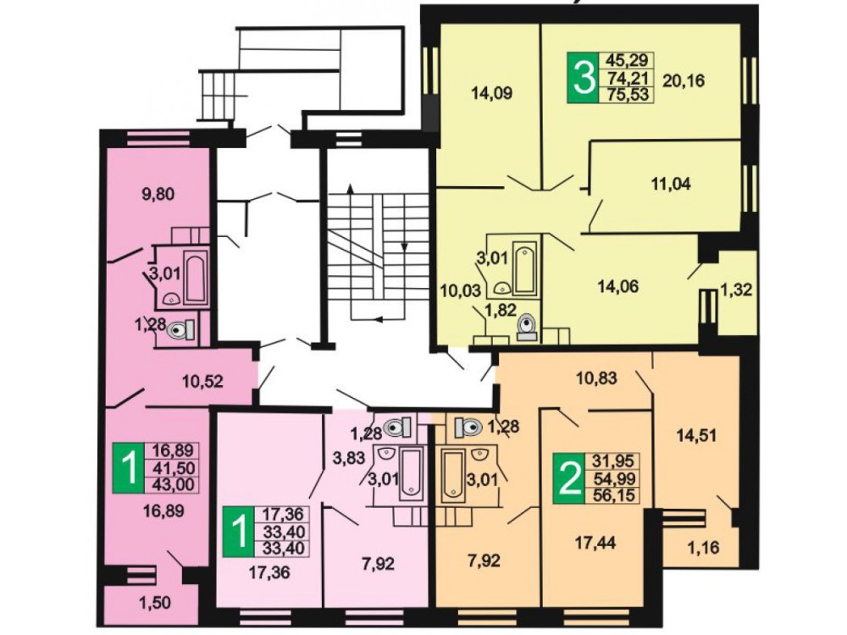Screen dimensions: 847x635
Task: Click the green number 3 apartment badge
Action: [x=583, y=77]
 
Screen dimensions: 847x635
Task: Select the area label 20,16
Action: [x=683, y=81]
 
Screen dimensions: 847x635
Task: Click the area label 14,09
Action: [x=491, y=93]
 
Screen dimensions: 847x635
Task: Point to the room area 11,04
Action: [x=670, y=184]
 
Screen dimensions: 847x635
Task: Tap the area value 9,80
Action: [x=158, y=193]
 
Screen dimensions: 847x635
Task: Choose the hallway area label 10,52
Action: [x=202, y=382]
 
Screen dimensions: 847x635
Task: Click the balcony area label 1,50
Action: [x=156, y=603]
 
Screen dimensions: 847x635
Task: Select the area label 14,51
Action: [x=697, y=434]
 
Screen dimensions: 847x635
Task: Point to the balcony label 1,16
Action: [x=704, y=548]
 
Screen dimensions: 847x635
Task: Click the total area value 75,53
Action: [x=626, y=95]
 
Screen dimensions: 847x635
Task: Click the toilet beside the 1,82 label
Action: [x=526, y=326]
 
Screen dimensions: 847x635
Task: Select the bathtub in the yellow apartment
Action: [x=524, y=268]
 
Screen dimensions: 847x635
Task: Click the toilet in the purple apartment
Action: [x=180, y=329]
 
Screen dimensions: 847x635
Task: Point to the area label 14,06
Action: [x=618, y=286]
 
